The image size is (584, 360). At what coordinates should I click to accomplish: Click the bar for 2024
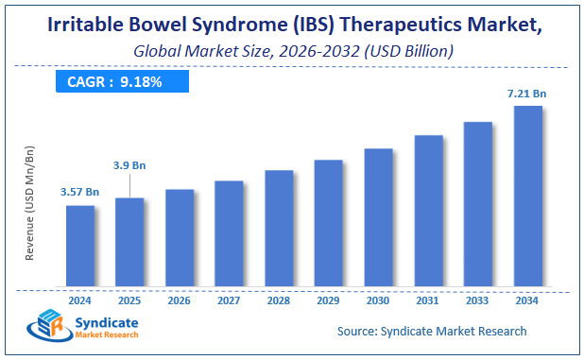(x=79, y=246)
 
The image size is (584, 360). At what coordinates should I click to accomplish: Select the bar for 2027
(x=229, y=233)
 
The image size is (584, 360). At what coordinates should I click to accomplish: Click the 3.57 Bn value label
(x=79, y=193)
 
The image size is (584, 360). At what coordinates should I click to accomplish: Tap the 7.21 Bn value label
(x=526, y=94)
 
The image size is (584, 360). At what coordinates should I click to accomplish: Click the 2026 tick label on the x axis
(x=179, y=300)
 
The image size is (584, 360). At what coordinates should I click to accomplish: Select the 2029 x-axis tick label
(x=328, y=300)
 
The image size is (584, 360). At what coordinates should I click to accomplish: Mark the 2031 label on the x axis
(x=428, y=300)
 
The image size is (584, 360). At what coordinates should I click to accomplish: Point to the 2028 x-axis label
(x=279, y=300)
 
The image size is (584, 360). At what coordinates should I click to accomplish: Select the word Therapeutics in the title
(x=387, y=23)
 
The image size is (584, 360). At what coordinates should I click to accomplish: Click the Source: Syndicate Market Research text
(x=432, y=332)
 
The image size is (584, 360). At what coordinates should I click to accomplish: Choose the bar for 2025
(x=129, y=242)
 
